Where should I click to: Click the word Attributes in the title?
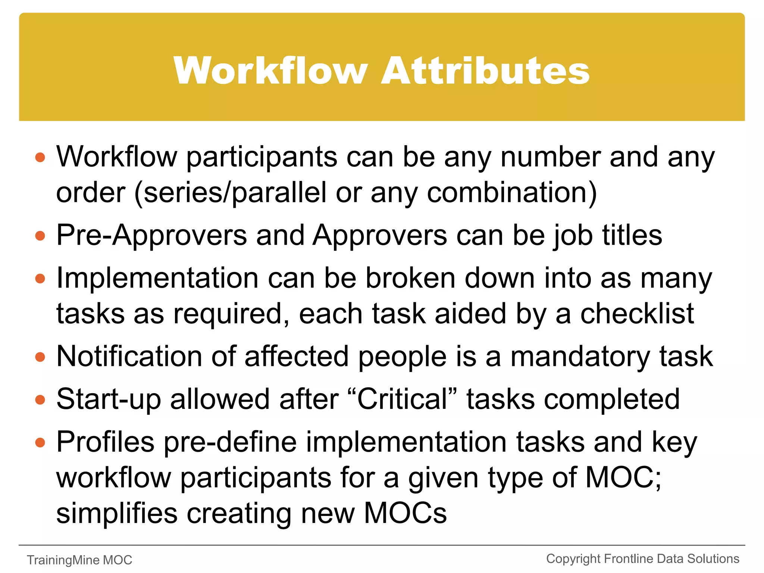[485, 71]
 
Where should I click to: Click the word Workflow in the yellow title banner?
[271, 71]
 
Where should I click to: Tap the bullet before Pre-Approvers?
[40, 236]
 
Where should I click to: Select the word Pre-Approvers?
[151, 236]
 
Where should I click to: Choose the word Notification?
[127, 356]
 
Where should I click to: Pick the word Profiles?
[105, 442]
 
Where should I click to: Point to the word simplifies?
[117, 514]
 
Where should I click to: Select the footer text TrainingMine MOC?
[79, 560]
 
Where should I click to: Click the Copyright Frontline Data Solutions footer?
[642, 559]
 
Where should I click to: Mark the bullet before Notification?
[40, 357]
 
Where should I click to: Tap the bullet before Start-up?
[40, 400]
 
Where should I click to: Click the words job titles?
[608, 236]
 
